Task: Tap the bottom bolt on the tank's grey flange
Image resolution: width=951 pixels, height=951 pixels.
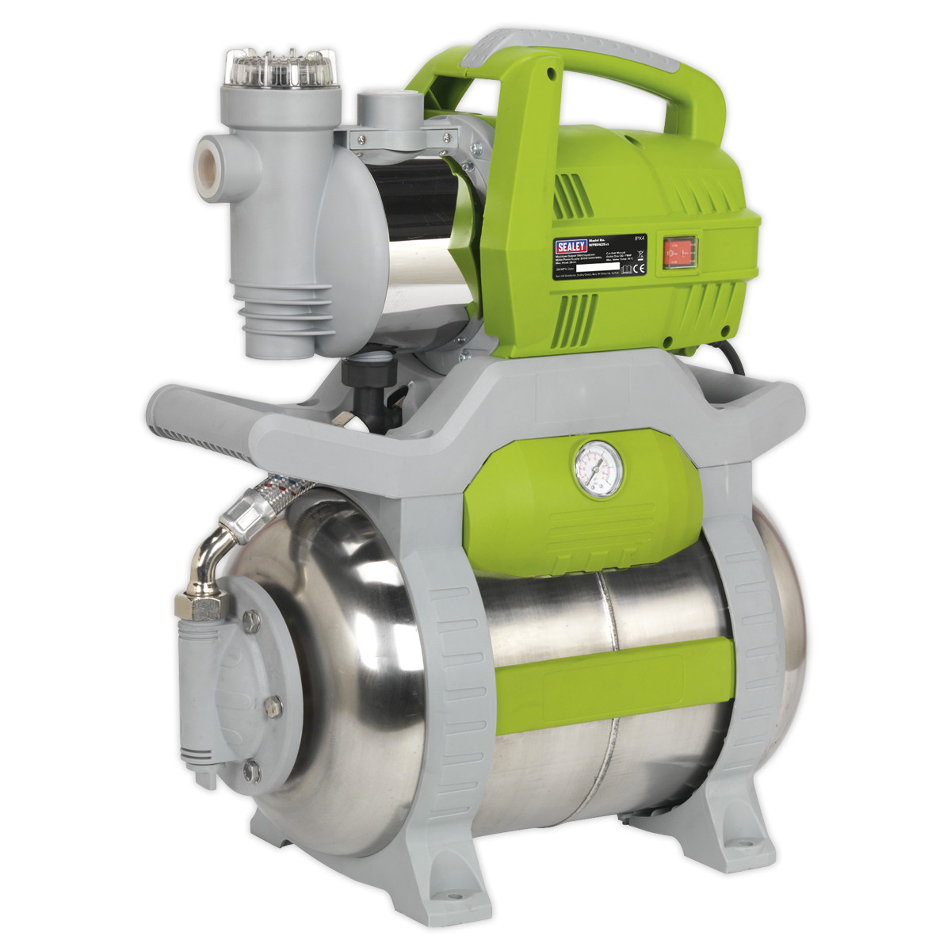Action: point(252,767)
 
